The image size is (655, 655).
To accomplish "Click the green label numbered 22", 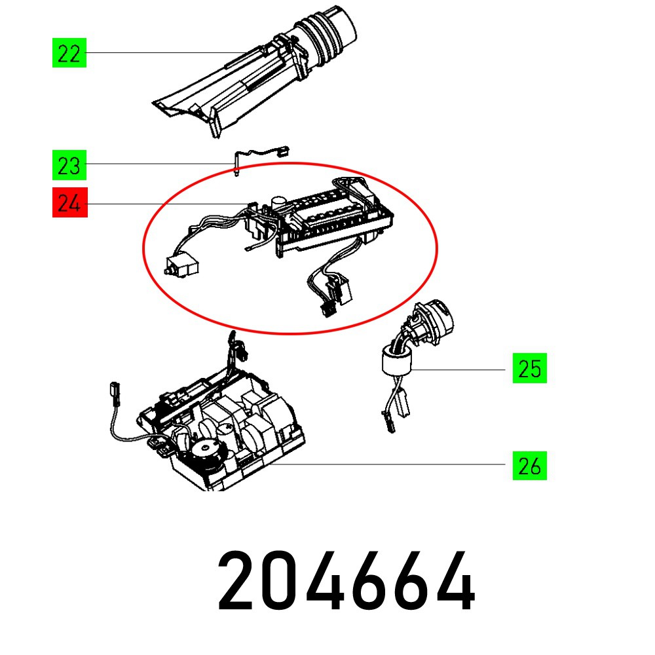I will (69, 53).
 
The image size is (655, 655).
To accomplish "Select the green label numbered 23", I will (69, 166).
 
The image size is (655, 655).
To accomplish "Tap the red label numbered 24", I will (70, 204).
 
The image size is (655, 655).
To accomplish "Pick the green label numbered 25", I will (529, 370).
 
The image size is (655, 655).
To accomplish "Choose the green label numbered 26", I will (529, 466).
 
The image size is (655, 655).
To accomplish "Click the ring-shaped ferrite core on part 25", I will (395, 362).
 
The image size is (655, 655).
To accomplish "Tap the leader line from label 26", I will (393, 465).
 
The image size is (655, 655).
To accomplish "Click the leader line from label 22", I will (164, 53).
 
